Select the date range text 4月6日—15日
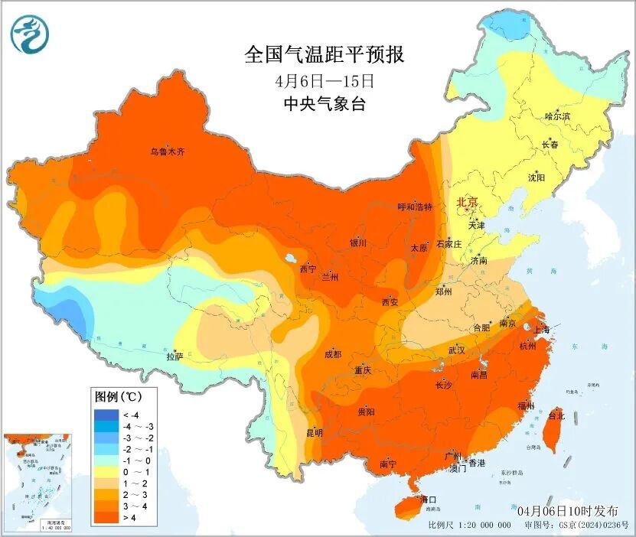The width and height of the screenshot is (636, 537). point(325,80)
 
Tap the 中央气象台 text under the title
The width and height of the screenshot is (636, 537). point(324,104)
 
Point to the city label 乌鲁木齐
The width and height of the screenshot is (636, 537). point(167,152)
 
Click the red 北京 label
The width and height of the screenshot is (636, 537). point(467,202)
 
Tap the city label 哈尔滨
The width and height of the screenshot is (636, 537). point(557,116)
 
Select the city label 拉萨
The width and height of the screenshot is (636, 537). point(174,356)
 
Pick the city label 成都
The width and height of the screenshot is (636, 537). point(332,354)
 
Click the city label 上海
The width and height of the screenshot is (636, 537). point(541,330)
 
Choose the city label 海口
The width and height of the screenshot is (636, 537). point(429,500)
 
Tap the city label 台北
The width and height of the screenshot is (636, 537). point(556,416)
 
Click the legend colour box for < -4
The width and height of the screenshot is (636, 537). point(102,415)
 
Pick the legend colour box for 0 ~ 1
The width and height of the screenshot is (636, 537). point(102,473)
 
